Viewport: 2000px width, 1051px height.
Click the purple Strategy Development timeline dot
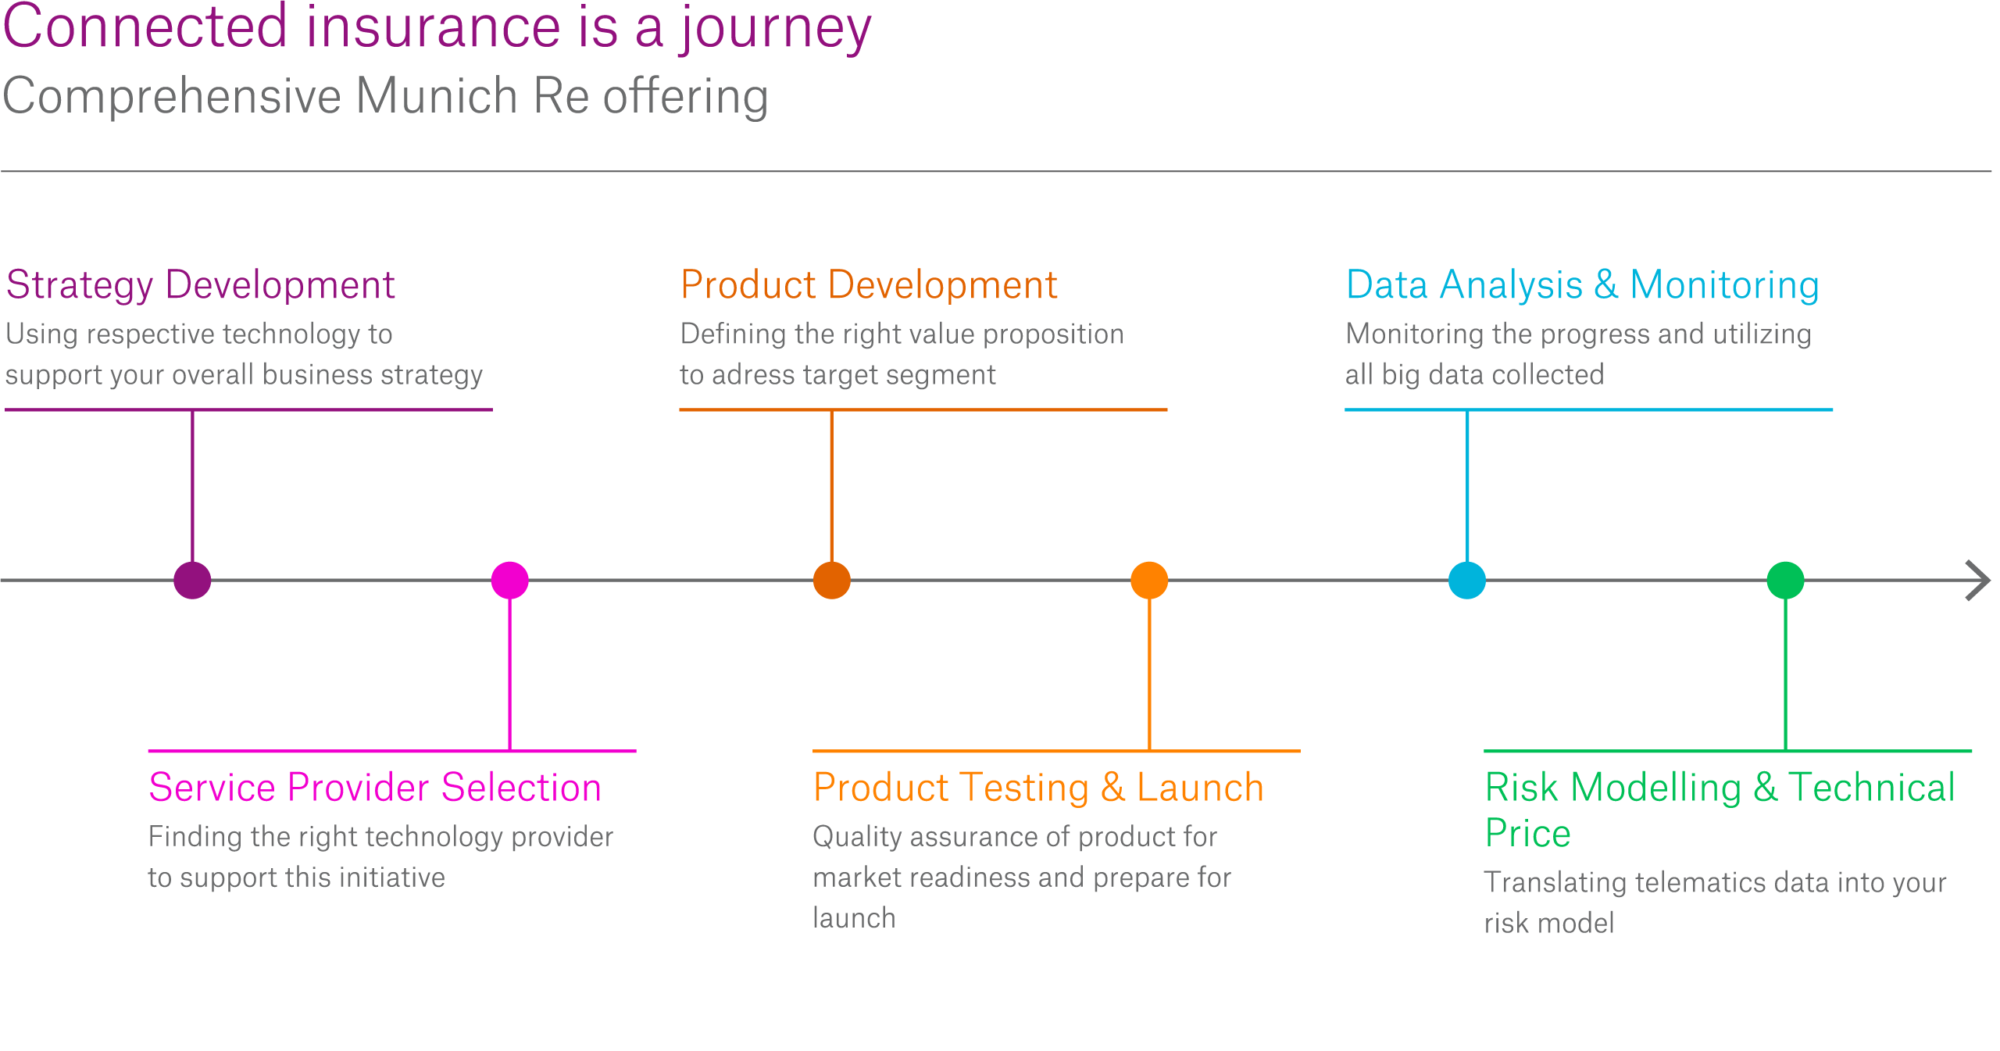click(192, 581)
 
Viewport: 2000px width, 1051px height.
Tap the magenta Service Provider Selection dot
click(510, 581)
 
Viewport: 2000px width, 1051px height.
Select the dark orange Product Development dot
click(832, 581)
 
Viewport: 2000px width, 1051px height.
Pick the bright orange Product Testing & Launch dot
click(1149, 581)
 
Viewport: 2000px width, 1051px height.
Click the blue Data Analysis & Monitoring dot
click(1467, 581)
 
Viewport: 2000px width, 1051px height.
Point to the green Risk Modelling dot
click(1785, 581)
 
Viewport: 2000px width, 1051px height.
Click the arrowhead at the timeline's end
click(1978, 581)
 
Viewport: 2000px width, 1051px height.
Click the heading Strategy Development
click(200, 284)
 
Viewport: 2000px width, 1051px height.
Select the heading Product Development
click(869, 284)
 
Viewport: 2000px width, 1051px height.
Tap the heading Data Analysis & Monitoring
click(1583, 284)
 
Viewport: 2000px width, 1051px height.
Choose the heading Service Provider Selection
click(375, 787)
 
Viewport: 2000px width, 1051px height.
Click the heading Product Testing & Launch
click(1038, 787)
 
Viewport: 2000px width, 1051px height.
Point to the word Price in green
click(1527, 833)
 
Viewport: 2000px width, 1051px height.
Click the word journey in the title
click(774, 28)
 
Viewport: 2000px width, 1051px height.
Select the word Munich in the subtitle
click(437, 96)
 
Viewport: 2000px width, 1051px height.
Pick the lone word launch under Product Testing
click(854, 918)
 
